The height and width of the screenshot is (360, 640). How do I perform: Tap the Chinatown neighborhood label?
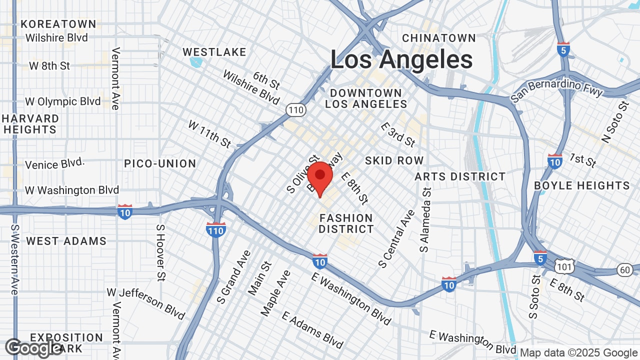pos(439,38)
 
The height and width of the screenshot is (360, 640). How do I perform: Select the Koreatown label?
pos(58,24)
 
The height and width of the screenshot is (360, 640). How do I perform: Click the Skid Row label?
pos(394,160)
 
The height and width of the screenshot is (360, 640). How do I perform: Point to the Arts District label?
pos(460,176)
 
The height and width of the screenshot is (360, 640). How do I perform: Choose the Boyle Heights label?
pos(581,185)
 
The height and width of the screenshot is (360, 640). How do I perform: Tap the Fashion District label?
pos(346,223)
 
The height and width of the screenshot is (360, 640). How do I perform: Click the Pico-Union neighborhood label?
pos(160,163)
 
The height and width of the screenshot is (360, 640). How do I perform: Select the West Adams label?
pos(66,241)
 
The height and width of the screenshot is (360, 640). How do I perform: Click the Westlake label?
pos(214,52)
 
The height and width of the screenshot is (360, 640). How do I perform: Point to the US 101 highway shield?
pos(564,266)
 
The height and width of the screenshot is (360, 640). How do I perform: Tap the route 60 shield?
pos(623,269)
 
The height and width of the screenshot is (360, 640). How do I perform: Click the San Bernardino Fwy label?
pos(556,90)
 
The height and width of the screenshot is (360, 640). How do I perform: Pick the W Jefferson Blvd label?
pos(145,303)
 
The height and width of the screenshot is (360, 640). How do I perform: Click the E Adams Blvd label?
pos(312,329)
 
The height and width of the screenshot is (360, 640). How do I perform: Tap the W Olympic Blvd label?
pos(62,101)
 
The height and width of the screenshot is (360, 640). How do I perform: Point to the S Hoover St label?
pos(160,252)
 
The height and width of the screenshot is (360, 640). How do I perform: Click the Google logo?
pos(34,348)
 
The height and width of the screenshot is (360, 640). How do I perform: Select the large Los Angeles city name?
pos(401,60)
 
